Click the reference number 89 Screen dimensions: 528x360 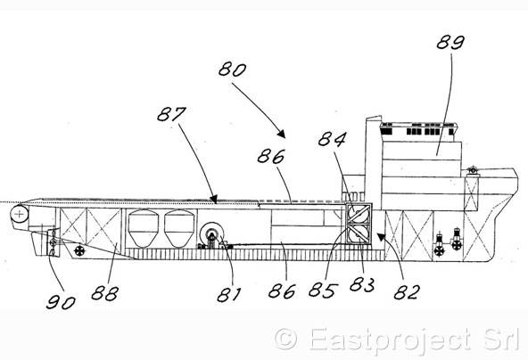[450, 43]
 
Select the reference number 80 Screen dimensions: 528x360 [233, 70]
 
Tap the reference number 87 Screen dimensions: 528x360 [172, 114]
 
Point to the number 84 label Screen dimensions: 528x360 [332, 139]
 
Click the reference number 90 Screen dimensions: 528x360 [61, 302]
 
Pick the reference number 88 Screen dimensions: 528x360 [104, 293]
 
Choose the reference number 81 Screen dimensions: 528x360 [229, 295]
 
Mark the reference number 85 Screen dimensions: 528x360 [323, 290]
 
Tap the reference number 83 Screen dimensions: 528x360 [362, 285]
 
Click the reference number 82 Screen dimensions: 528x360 [407, 292]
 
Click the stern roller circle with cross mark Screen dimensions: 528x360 [20, 214]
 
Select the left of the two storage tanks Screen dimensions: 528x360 [143, 229]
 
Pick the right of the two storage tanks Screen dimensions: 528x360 [179, 229]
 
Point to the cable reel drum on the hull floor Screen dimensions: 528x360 [211, 234]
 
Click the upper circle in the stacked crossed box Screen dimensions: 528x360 [359, 213]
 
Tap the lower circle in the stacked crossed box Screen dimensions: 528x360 [359, 234]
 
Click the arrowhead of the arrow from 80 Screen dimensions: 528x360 [282, 135]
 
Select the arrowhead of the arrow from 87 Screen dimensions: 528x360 [214, 200]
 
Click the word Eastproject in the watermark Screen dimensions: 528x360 [390, 340]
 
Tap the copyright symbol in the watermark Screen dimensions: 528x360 [286, 340]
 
